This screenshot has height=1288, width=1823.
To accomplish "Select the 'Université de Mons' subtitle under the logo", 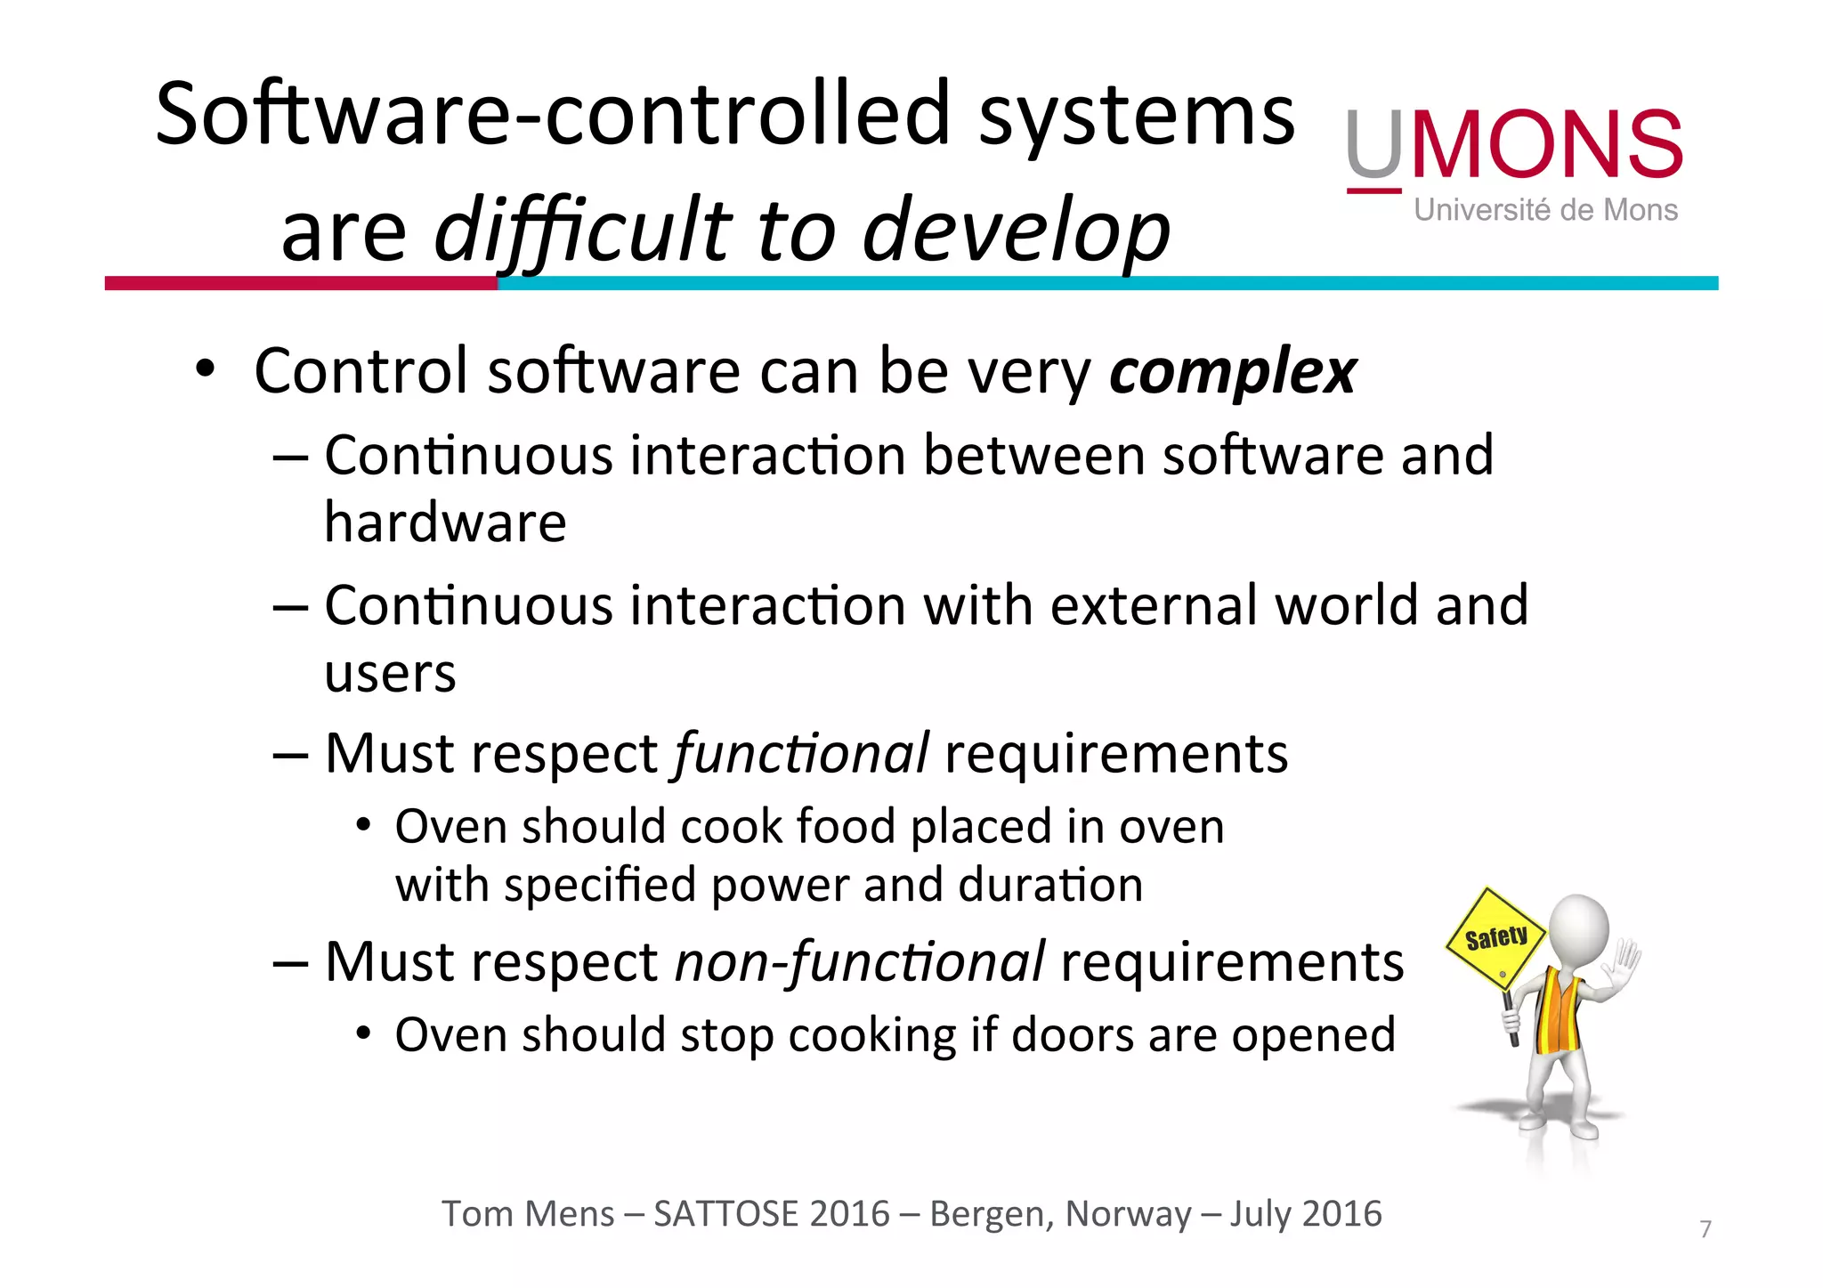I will pyautogui.click(x=1545, y=211).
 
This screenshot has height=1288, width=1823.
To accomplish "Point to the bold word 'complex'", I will pyautogui.click(x=1232, y=372).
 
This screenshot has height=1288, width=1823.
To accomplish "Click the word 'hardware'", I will pyautogui.click(x=445, y=522).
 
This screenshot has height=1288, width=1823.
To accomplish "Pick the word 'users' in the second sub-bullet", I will pyautogui.click(x=390, y=673).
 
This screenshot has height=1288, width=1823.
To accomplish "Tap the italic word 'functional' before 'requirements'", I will pyautogui.click(x=802, y=754).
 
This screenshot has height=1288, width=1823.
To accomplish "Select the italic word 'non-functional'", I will pyautogui.click(x=860, y=962).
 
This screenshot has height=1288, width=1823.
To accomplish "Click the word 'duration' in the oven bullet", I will pyautogui.click(x=1050, y=886).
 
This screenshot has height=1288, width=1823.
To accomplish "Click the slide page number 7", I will pyautogui.click(x=1706, y=1229).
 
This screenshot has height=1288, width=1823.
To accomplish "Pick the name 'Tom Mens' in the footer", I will pyautogui.click(x=528, y=1214).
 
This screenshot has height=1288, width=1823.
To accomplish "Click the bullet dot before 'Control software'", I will pyautogui.click(x=206, y=369).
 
